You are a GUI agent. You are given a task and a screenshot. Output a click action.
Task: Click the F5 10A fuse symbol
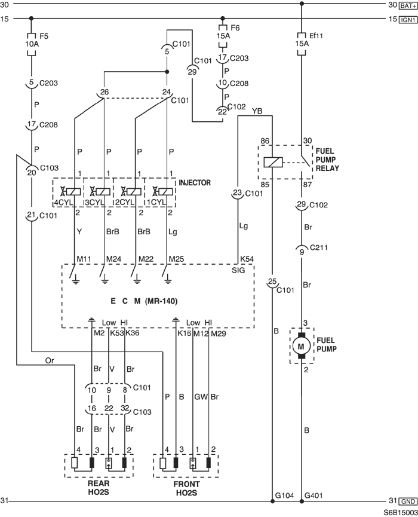[x=31, y=44]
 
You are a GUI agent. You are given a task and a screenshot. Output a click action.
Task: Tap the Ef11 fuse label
[x=316, y=36]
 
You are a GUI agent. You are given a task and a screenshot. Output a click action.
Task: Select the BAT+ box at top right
[x=408, y=5]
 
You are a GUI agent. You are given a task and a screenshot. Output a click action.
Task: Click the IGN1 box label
[x=408, y=20]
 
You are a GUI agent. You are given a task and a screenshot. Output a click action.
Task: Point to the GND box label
[x=408, y=501]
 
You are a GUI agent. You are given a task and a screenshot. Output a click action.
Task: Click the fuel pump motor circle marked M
[x=301, y=346]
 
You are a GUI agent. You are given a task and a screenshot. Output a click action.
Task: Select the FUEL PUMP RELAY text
[x=327, y=160]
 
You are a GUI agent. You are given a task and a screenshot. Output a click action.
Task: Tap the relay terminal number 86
[x=265, y=141]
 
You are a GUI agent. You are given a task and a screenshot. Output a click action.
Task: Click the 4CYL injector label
[x=63, y=202]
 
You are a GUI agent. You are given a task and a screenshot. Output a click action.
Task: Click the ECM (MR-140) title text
[x=144, y=301]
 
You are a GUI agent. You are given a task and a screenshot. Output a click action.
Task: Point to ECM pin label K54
[x=247, y=259]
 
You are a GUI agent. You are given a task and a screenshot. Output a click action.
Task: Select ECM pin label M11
[x=84, y=259]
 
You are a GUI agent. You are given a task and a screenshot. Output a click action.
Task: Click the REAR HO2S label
[x=99, y=488]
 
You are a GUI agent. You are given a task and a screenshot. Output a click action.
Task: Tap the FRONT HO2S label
[x=186, y=489]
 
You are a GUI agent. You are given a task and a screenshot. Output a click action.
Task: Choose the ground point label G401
[x=314, y=495]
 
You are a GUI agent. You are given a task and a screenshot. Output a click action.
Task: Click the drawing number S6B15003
[x=399, y=513]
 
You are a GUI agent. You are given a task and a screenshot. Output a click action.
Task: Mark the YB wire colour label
[x=257, y=111]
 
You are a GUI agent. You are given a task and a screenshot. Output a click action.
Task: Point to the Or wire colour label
[x=50, y=361]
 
